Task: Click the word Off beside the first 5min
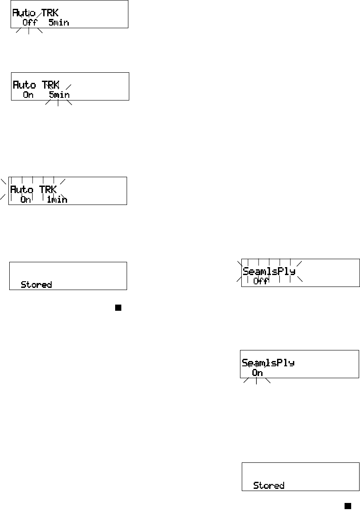29,22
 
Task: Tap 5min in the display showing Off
59,22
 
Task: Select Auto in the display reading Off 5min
24,14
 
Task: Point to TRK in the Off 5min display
49,14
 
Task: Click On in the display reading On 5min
28,95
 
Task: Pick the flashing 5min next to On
59,95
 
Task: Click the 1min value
56,199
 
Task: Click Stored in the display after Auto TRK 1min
36,285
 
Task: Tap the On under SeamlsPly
258,373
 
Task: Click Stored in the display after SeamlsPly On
269,485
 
